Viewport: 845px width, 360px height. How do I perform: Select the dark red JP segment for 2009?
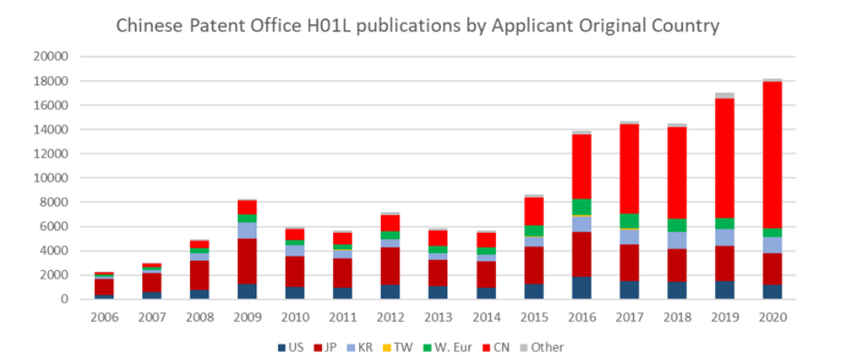pos(249,262)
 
